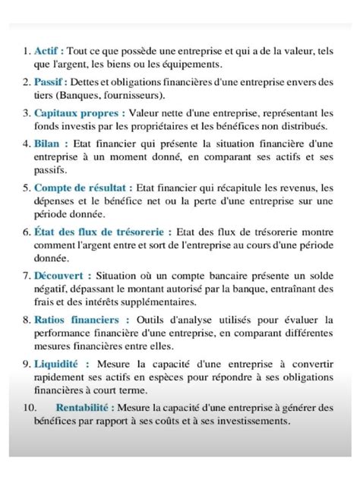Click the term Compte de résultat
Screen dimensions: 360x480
(84, 187)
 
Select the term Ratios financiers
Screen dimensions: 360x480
(78, 319)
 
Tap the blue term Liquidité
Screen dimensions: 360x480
(58, 364)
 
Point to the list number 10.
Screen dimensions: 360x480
(25, 409)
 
